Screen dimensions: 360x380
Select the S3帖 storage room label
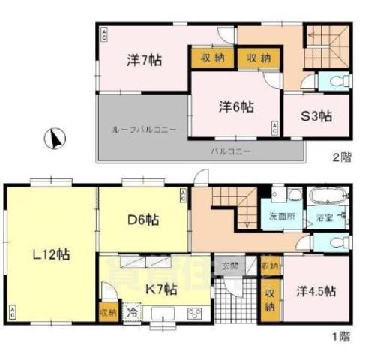(x=316, y=116)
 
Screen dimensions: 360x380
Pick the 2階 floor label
(x=343, y=157)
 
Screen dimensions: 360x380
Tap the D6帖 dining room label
(x=142, y=220)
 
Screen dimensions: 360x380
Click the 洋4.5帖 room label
(x=315, y=290)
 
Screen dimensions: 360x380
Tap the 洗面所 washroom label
(x=282, y=216)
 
